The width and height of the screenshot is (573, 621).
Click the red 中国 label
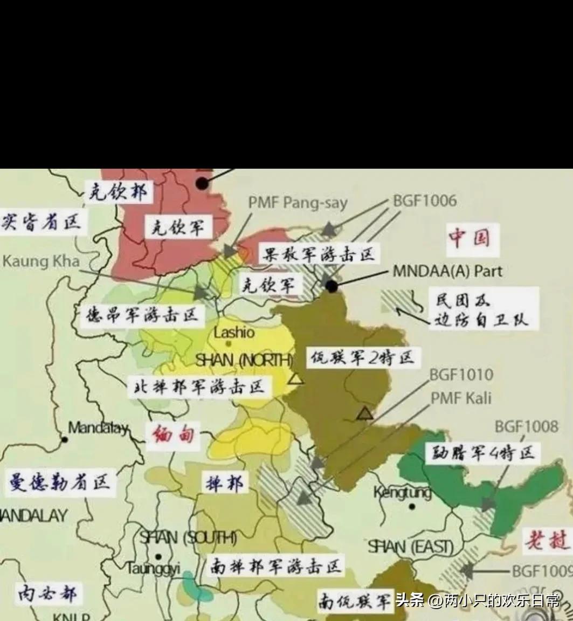tap(468, 237)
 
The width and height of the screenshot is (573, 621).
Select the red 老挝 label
tap(546, 539)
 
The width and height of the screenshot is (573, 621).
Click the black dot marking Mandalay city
tap(65, 439)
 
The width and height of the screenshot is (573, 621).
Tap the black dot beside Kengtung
tap(412, 506)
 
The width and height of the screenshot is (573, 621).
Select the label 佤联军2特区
tap(361, 357)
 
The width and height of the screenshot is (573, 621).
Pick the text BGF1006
tap(424, 201)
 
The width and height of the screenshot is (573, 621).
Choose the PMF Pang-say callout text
tap(298, 203)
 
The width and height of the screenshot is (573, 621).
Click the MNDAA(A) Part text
tap(447, 271)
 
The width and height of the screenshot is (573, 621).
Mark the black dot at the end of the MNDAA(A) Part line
tap(332, 287)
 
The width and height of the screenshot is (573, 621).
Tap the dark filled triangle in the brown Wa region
tap(365, 414)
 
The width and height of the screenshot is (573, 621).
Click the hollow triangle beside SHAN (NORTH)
tap(295, 379)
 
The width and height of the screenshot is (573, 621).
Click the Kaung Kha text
tap(40, 261)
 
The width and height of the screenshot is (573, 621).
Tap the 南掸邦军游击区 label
tap(275, 567)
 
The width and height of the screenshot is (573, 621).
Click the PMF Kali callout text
tap(460, 398)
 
